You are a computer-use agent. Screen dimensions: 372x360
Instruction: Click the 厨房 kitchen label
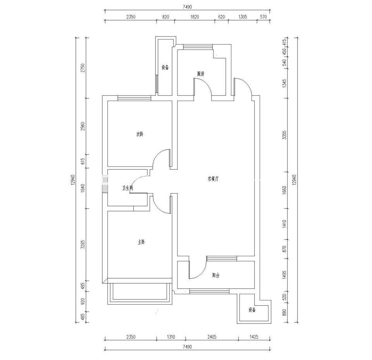201,74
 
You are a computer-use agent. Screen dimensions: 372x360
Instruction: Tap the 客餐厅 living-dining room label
213,179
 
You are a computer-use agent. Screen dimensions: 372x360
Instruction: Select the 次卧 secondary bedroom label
140,134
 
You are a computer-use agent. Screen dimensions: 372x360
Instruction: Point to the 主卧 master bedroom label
142,242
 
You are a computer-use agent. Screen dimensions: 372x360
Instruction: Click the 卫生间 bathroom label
127,188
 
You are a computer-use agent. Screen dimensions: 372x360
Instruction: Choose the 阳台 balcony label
216,275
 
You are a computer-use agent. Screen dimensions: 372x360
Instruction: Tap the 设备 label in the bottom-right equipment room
252,310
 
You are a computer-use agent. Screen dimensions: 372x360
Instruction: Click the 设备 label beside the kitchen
165,67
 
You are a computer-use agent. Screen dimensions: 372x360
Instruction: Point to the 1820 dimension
195,17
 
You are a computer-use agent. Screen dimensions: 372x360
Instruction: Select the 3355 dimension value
285,135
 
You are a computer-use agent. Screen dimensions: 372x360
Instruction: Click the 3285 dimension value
83,244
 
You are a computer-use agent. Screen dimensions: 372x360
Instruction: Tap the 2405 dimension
212,336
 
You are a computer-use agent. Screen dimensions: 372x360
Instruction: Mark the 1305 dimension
243,17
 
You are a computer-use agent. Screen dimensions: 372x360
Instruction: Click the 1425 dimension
254,336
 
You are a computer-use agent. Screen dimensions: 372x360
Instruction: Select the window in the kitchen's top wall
198,47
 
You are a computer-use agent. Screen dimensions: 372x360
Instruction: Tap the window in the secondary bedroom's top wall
134,98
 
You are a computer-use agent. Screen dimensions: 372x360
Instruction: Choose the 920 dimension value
83,302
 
